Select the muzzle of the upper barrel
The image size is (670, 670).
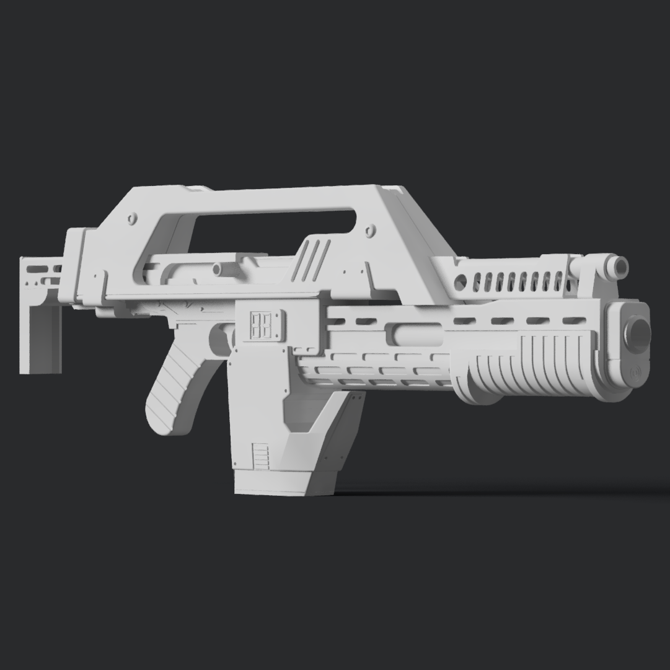pos(621,267)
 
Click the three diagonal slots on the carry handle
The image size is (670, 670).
pos(312,259)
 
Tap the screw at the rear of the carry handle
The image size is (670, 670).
pos(133,219)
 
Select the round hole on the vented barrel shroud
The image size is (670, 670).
pos(460,283)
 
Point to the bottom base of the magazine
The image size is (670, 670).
pos(285,483)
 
